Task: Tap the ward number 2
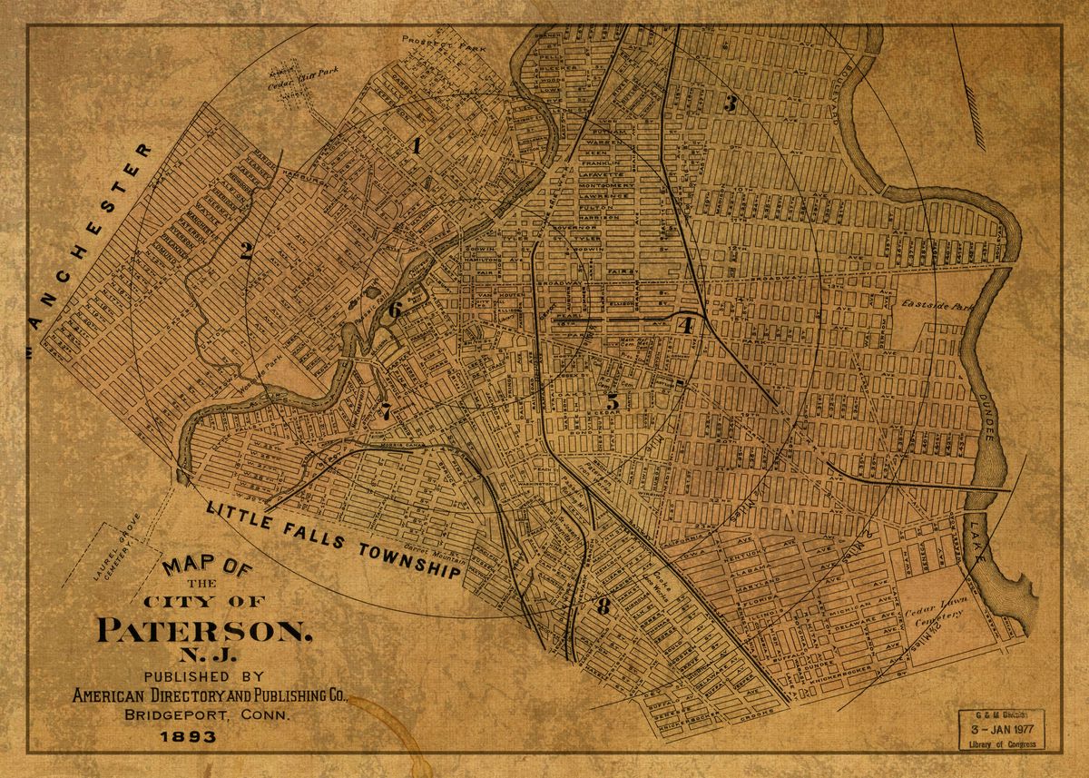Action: click(246, 251)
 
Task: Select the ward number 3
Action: click(729, 103)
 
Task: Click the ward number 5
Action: click(613, 400)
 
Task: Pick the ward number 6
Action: click(395, 310)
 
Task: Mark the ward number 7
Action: click(386, 410)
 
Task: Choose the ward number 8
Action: click(603, 607)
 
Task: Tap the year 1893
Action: click(187, 736)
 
